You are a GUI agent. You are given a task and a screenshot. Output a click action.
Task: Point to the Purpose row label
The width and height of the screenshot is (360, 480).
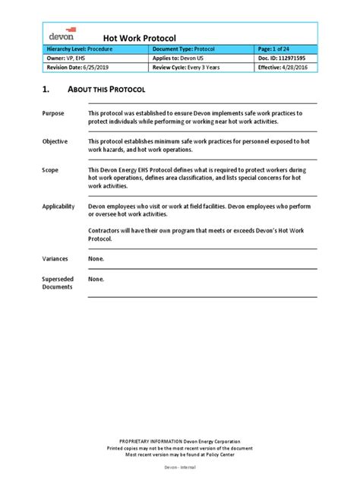(53, 112)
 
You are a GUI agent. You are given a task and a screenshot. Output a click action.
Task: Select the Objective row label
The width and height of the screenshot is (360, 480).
(55, 141)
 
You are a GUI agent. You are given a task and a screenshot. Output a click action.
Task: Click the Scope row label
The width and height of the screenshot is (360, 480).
(50, 170)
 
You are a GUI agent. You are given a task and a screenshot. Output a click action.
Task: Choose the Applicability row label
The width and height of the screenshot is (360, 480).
(59, 206)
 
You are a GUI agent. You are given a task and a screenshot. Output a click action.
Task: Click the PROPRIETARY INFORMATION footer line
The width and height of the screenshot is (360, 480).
(180, 441)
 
